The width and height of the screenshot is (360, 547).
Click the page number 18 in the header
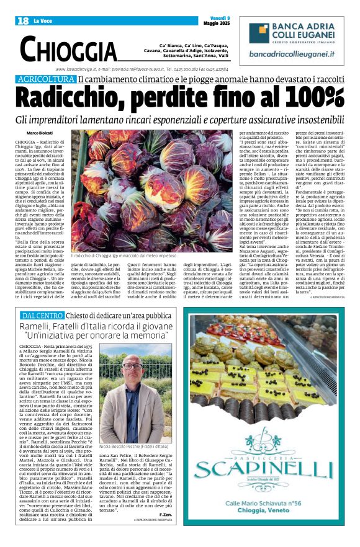click(22, 21)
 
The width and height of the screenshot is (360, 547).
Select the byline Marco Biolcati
click(40, 133)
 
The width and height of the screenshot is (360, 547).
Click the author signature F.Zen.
click(165, 514)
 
